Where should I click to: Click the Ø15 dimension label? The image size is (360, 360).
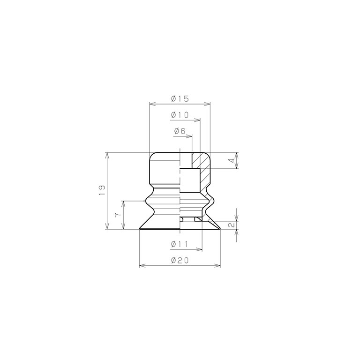pyautogui.click(x=180, y=99)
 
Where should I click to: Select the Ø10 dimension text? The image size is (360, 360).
pyautogui.click(x=180, y=115)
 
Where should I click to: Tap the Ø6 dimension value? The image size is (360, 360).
pyautogui.click(x=180, y=131)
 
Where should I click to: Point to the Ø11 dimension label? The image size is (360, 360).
pyautogui.click(x=180, y=244)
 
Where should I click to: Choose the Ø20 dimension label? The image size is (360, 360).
pyautogui.click(x=180, y=261)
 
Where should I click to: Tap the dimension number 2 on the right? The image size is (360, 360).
pyautogui.click(x=231, y=225)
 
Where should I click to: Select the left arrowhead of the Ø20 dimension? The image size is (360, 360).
pyautogui.click(x=142, y=266)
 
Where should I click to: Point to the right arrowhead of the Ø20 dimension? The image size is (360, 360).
pyautogui.click(x=218, y=266)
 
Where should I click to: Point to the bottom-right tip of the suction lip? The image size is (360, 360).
pyautogui.click(x=220, y=229)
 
